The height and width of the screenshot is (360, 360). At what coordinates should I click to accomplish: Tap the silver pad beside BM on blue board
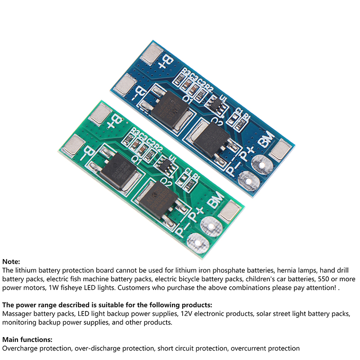point(282,148)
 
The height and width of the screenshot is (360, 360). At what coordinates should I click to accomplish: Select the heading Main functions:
point(27,339)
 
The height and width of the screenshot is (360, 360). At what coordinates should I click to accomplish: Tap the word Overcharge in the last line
point(18,348)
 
